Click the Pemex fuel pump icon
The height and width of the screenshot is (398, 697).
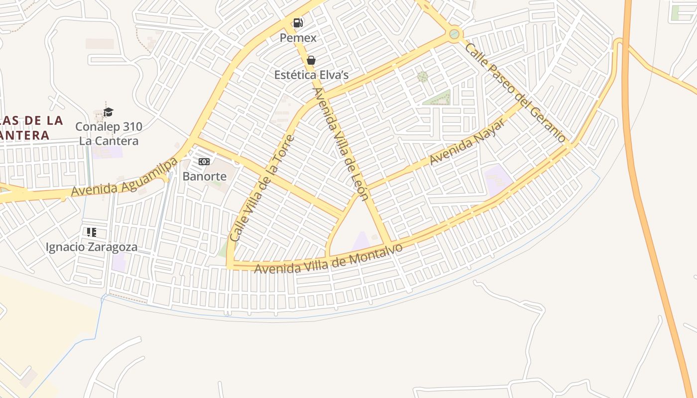pos(298,22)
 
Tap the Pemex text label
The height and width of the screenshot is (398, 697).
pos(298,38)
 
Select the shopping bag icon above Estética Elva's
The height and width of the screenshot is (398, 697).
pos(311,60)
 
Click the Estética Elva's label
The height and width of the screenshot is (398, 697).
pos(311,75)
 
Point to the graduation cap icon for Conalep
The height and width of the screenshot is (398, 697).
pos(109,112)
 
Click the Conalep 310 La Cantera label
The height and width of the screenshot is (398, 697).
pos(109,134)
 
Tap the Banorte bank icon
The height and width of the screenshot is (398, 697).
pos(204,162)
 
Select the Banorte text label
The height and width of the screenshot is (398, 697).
pos(204,176)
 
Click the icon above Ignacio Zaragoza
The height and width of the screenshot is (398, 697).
pos(91,232)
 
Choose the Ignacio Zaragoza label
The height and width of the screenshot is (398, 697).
pos(91,247)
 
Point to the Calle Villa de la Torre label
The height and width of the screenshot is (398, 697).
pos(262,189)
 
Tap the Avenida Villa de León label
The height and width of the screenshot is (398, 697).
pos(342,144)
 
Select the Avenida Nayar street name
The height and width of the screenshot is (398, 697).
pos(466,143)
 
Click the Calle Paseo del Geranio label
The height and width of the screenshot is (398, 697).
pos(515,93)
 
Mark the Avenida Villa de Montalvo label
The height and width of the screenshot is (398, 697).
pos(329,258)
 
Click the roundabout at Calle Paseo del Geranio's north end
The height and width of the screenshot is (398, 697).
pos(454,34)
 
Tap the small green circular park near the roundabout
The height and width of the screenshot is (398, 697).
pos(422,77)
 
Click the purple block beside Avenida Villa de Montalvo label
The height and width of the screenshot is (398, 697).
pos(361,242)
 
